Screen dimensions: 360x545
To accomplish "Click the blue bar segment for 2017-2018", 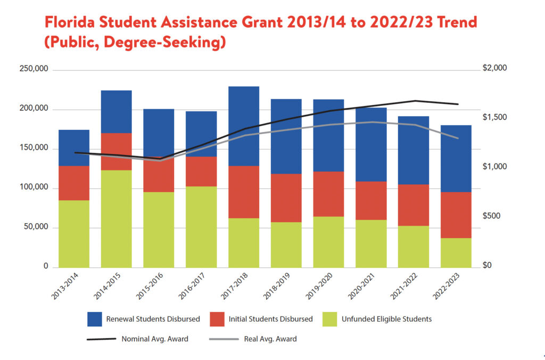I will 243,126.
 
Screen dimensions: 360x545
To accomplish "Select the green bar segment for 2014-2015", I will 116,218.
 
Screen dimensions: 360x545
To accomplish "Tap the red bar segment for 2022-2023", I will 456,215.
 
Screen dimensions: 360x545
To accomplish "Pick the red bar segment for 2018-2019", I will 286,198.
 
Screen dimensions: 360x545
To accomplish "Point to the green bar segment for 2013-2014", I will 74,233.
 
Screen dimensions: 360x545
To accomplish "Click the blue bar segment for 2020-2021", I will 371,144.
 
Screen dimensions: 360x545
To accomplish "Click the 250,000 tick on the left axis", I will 34,69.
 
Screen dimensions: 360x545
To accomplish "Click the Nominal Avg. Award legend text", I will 155,339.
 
